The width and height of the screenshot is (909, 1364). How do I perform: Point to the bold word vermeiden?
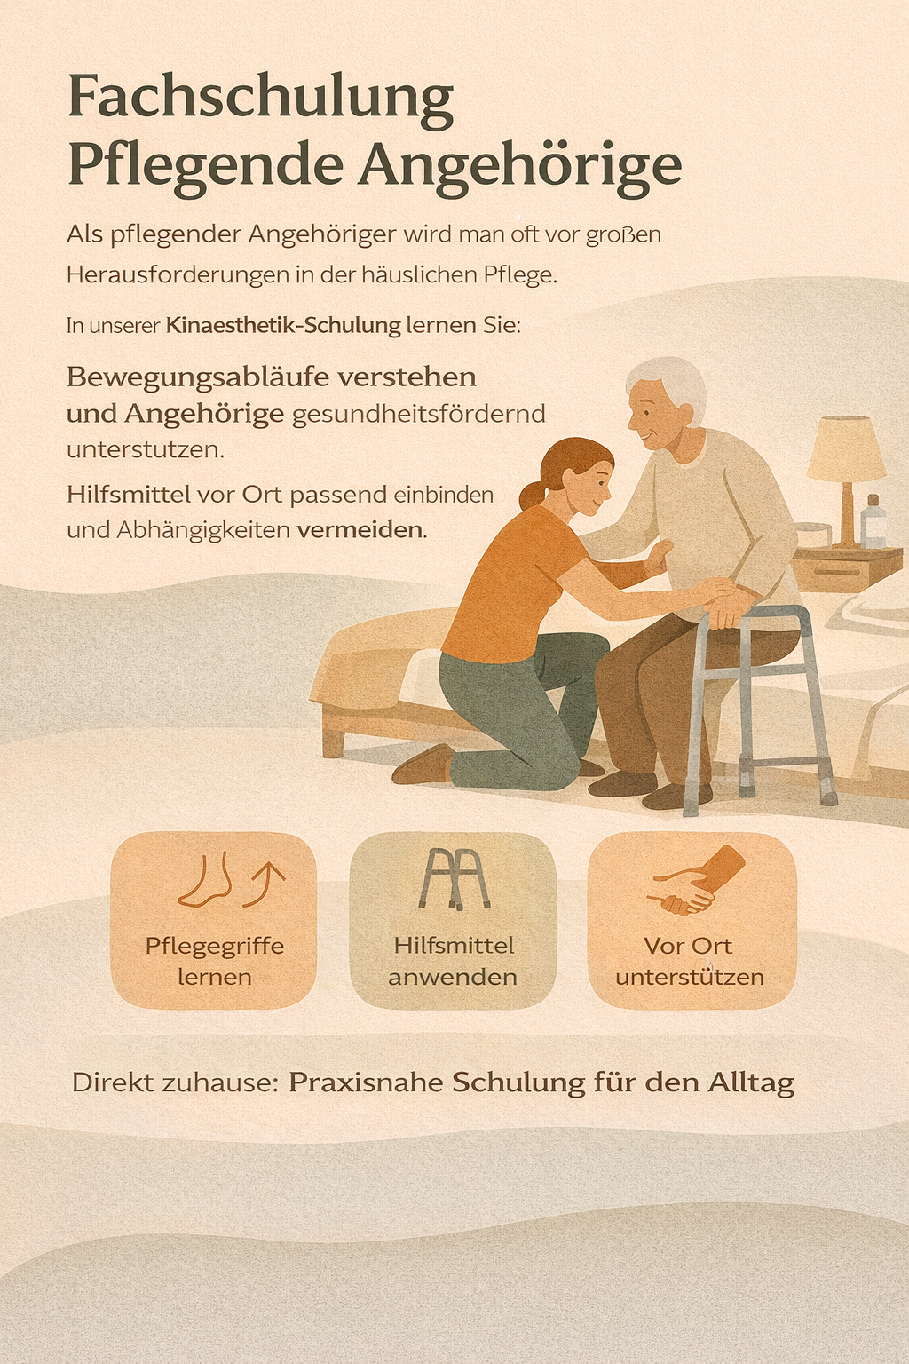coord(360,530)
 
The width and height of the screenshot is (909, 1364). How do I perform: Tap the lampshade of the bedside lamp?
coord(846,448)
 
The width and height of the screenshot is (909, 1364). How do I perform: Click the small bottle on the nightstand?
coord(873,521)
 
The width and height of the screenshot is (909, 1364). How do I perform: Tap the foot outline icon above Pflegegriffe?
coord(205,881)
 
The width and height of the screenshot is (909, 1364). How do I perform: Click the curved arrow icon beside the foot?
coord(265,884)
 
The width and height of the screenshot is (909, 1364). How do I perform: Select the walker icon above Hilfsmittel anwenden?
coord(454,879)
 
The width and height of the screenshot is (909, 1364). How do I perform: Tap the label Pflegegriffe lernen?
coord(215,962)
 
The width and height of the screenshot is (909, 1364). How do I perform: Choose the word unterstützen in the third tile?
coord(690,978)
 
